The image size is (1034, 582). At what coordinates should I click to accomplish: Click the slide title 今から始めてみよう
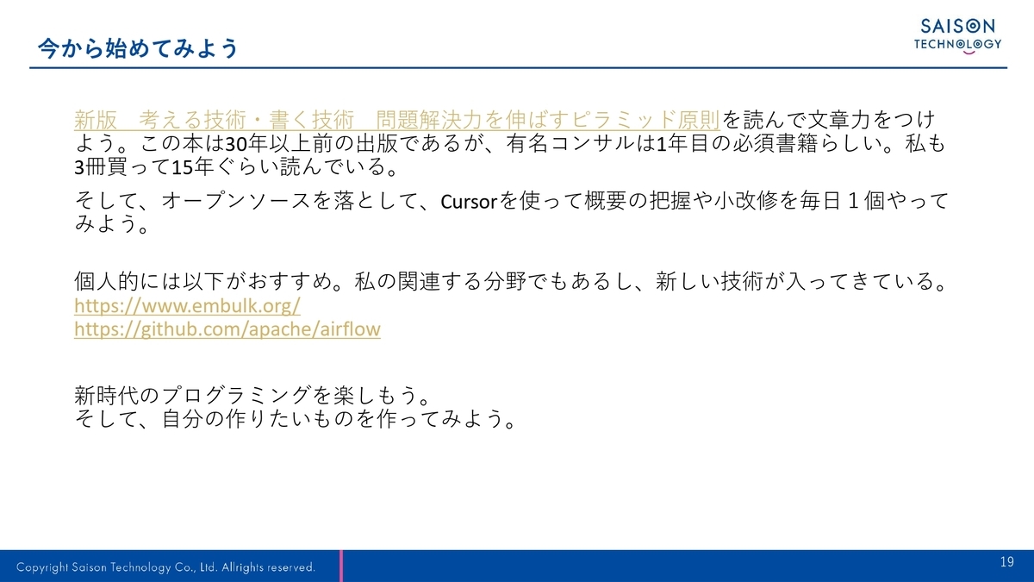[138, 48]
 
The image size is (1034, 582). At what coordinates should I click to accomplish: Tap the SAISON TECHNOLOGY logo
[957, 36]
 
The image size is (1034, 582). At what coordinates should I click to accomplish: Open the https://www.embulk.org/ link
[187, 306]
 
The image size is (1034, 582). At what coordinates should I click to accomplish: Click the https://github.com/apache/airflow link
[227, 329]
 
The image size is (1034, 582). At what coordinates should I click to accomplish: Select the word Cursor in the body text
[469, 202]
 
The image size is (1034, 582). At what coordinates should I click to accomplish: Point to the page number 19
[1007, 561]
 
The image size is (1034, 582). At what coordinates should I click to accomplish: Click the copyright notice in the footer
[165, 566]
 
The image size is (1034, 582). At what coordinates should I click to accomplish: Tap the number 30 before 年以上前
[236, 144]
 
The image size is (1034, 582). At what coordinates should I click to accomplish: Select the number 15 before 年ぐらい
[182, 167]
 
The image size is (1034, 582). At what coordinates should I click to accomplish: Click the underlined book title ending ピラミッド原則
[397, 120]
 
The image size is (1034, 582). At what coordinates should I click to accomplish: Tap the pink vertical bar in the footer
[341, 566]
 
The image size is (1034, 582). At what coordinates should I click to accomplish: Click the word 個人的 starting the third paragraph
[106, 281]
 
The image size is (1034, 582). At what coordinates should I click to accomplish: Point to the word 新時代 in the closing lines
[106, 396]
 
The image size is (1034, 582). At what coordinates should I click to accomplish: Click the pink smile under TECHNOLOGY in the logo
[969, 53]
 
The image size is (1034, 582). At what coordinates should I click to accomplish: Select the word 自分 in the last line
[183, 419]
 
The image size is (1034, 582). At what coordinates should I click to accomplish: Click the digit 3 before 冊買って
[79, 167]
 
